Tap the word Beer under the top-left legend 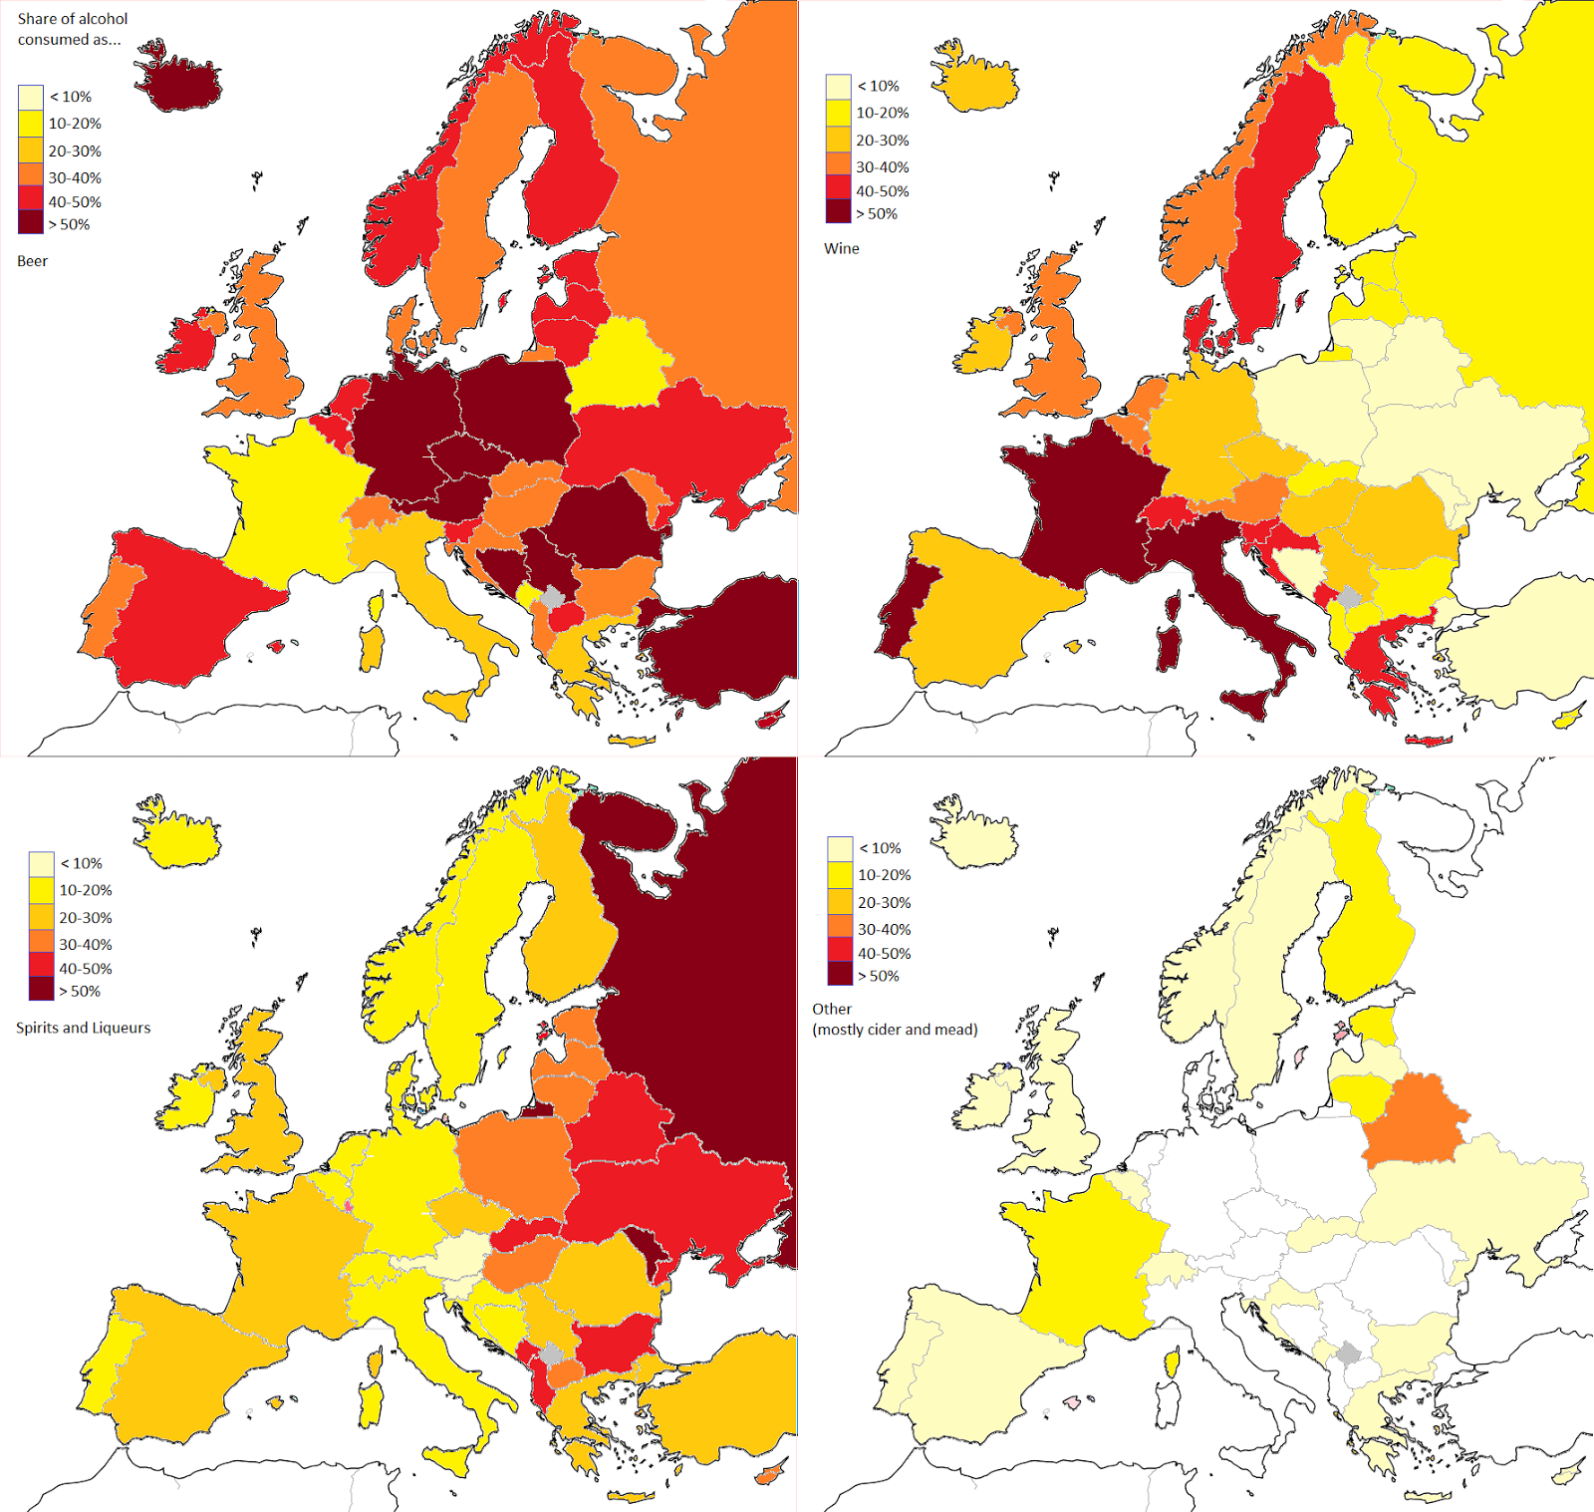(x=32, y=261)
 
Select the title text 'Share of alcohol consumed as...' (x=72, y=29)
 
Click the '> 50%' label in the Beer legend (x=69, y=224)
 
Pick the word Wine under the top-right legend (x=841, y=248)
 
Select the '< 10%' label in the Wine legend (x=878, y=86)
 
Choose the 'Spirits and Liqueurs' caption (x=84, y=1028)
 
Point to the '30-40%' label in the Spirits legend (x=85, y=944)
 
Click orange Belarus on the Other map (x=1415, y=1121)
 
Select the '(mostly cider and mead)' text (x=895, y=1030)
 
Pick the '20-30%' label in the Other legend (x=884, y=902)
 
